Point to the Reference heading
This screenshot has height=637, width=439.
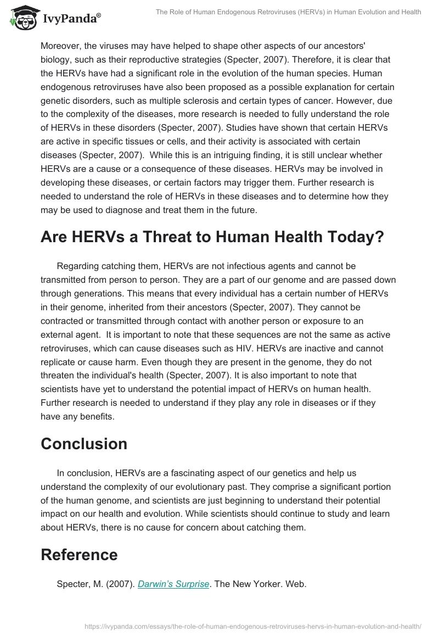pos(79,554)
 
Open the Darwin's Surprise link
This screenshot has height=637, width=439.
pos(173,584)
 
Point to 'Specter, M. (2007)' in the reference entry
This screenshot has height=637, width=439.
pos(94,584)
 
